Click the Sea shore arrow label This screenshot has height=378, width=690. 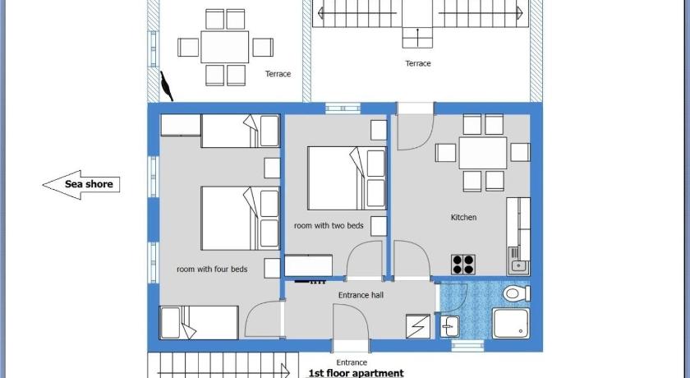(x=81, y=184)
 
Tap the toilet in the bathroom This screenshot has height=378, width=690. (x=517, y=293)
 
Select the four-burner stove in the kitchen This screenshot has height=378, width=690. (x=463, y=265)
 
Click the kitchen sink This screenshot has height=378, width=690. (x=518, y=261)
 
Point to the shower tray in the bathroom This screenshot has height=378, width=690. (x=510, y=324)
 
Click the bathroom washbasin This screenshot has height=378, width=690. (x=450, y=326)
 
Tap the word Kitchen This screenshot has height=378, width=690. (x=463, y=218)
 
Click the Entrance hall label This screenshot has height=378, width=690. (x=361, y=295)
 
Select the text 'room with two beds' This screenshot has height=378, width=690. (x=329, y=226)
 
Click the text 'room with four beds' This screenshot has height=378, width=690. (x=212, y=270)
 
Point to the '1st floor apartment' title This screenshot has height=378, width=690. (x=356, y=373)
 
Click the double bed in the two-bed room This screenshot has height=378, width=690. (x=347, y=178)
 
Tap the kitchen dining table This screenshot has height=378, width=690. (x=483, y=153)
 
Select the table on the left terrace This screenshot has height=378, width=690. (x=224, y=47)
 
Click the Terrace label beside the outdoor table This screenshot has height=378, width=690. (x=278, y=74)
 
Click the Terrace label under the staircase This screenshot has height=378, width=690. (x=417, y=63)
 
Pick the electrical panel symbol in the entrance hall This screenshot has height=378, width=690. (x=417, y=326)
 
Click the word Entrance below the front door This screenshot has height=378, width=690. (x=352, y=362)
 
